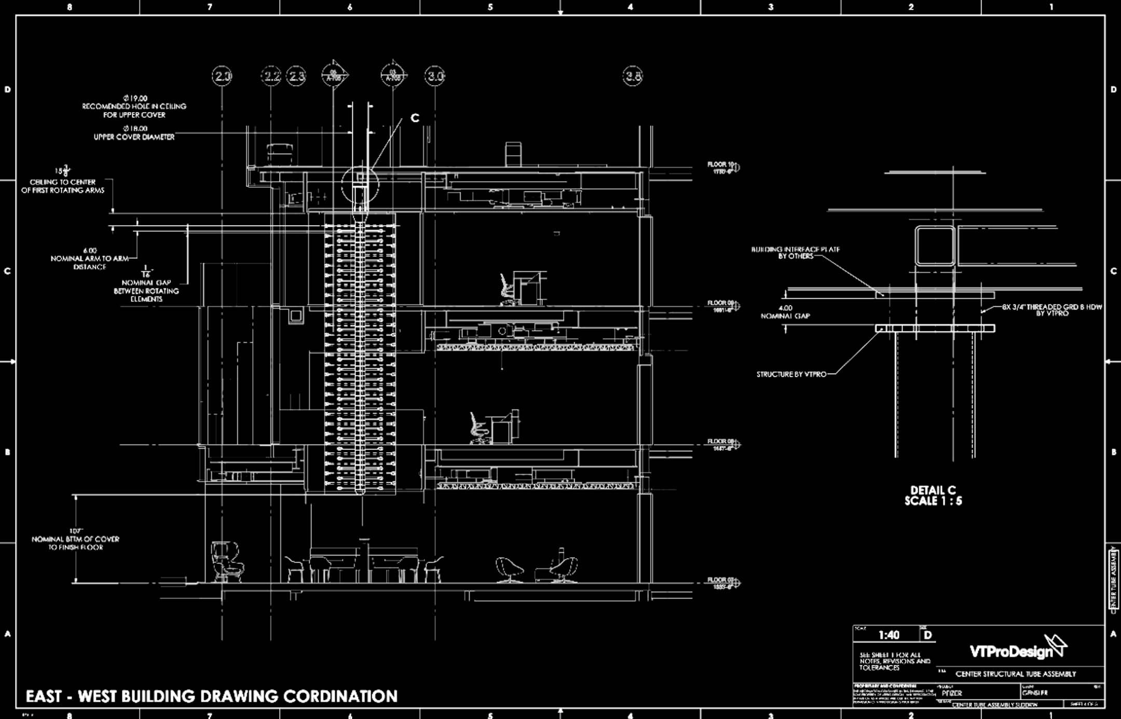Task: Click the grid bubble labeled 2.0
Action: click(222, 76)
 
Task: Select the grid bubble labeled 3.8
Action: click(633, 76)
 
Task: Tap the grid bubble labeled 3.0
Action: click(435, 76)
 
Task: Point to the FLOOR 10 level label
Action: click(721, 167)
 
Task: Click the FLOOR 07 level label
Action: click(721, 583)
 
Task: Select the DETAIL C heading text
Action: click(933, 495)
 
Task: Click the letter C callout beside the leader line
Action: click(415, 118)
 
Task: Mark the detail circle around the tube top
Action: click(360, 185)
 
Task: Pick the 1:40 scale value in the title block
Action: click(889, 635)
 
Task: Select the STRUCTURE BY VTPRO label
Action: click(791, 374)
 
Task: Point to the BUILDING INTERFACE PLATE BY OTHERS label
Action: click(795, 253)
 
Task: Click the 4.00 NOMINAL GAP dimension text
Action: click(785, 312)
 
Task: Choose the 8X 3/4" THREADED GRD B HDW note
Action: click(1051, 310)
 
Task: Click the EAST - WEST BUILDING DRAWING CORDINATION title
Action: click(212, 696)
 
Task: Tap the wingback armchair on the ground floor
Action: click(227, 561)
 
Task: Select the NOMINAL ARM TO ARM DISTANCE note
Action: click(89, 258)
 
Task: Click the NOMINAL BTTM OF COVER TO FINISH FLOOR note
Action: click(76, 540)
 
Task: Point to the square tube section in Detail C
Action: click(935, 246)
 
